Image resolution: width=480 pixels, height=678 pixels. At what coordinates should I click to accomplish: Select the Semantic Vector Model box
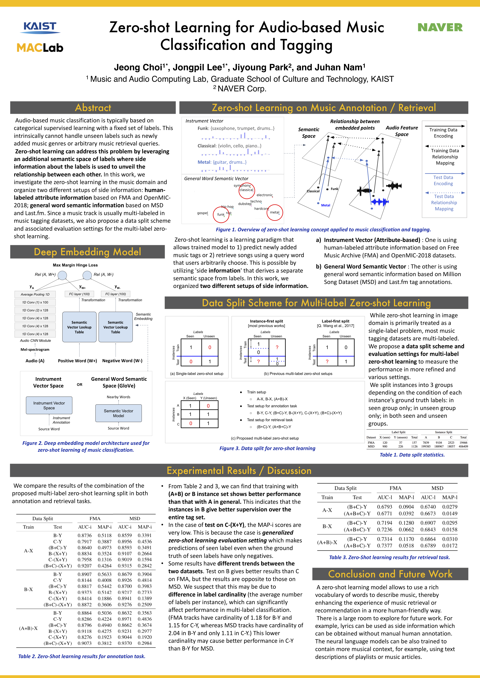[x=119, y=413]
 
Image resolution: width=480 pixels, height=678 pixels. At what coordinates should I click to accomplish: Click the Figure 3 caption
[x=267, y=448]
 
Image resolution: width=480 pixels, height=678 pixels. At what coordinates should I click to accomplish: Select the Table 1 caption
[x=412, y=455]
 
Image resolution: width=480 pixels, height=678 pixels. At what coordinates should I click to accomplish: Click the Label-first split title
[x=335, y=321]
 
